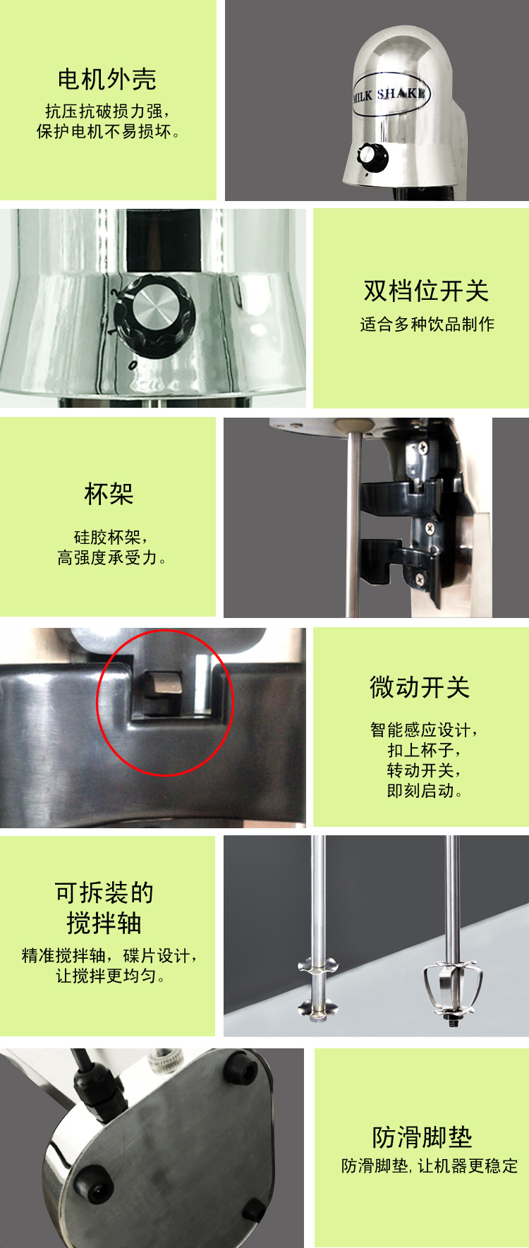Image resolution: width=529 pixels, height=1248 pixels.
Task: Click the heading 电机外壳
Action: (x=107, y=79)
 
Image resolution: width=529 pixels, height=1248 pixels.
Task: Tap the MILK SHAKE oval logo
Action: (x=390, y=94)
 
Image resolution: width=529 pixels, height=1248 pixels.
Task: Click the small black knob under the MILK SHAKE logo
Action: (x=372, y=155)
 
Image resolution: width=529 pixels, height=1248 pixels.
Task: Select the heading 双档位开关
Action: (x=426, y=291)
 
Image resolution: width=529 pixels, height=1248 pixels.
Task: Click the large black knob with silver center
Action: (x=154, y=313)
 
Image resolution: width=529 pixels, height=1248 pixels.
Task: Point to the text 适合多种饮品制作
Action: (x=427, y=325)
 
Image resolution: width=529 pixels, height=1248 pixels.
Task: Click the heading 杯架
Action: (x=109, y=493)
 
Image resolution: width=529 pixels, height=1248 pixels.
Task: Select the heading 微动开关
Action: (x=420, y=687)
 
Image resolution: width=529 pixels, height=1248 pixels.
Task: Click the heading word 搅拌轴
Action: (x=104, y=923)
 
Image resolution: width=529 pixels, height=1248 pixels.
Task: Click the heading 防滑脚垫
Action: (x=422, y=1137)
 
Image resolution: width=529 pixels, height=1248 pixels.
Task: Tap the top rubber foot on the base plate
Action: (x=240, y=1068)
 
